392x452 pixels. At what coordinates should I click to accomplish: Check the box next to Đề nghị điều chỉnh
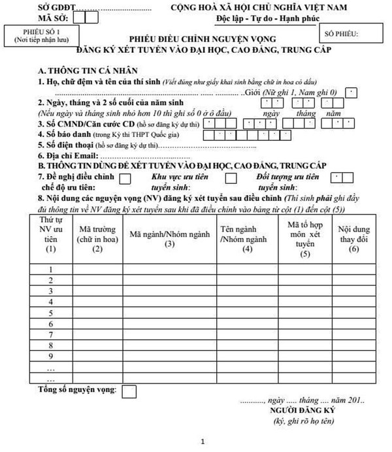click(x=126, y=177)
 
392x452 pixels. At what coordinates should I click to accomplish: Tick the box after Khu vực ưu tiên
click(x=230, y=177)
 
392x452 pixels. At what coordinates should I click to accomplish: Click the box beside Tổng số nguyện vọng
click(x=129, y=391)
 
